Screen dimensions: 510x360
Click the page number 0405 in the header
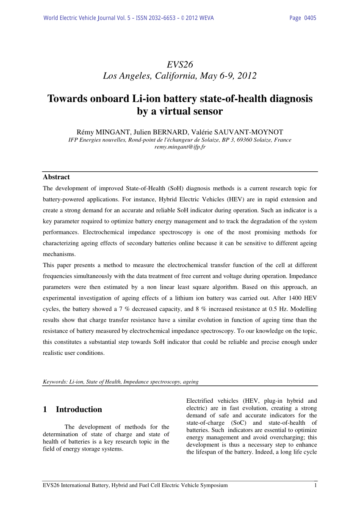[x=310, y=18]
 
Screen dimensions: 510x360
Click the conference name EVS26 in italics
[x=180, y=64]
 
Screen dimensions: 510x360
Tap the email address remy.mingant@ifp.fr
[x=180, y=147]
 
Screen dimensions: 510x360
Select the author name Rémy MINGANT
[x=100, y=132]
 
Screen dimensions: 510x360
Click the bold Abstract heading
[x=56, y=177]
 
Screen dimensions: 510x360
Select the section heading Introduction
[x=79, y=410]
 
